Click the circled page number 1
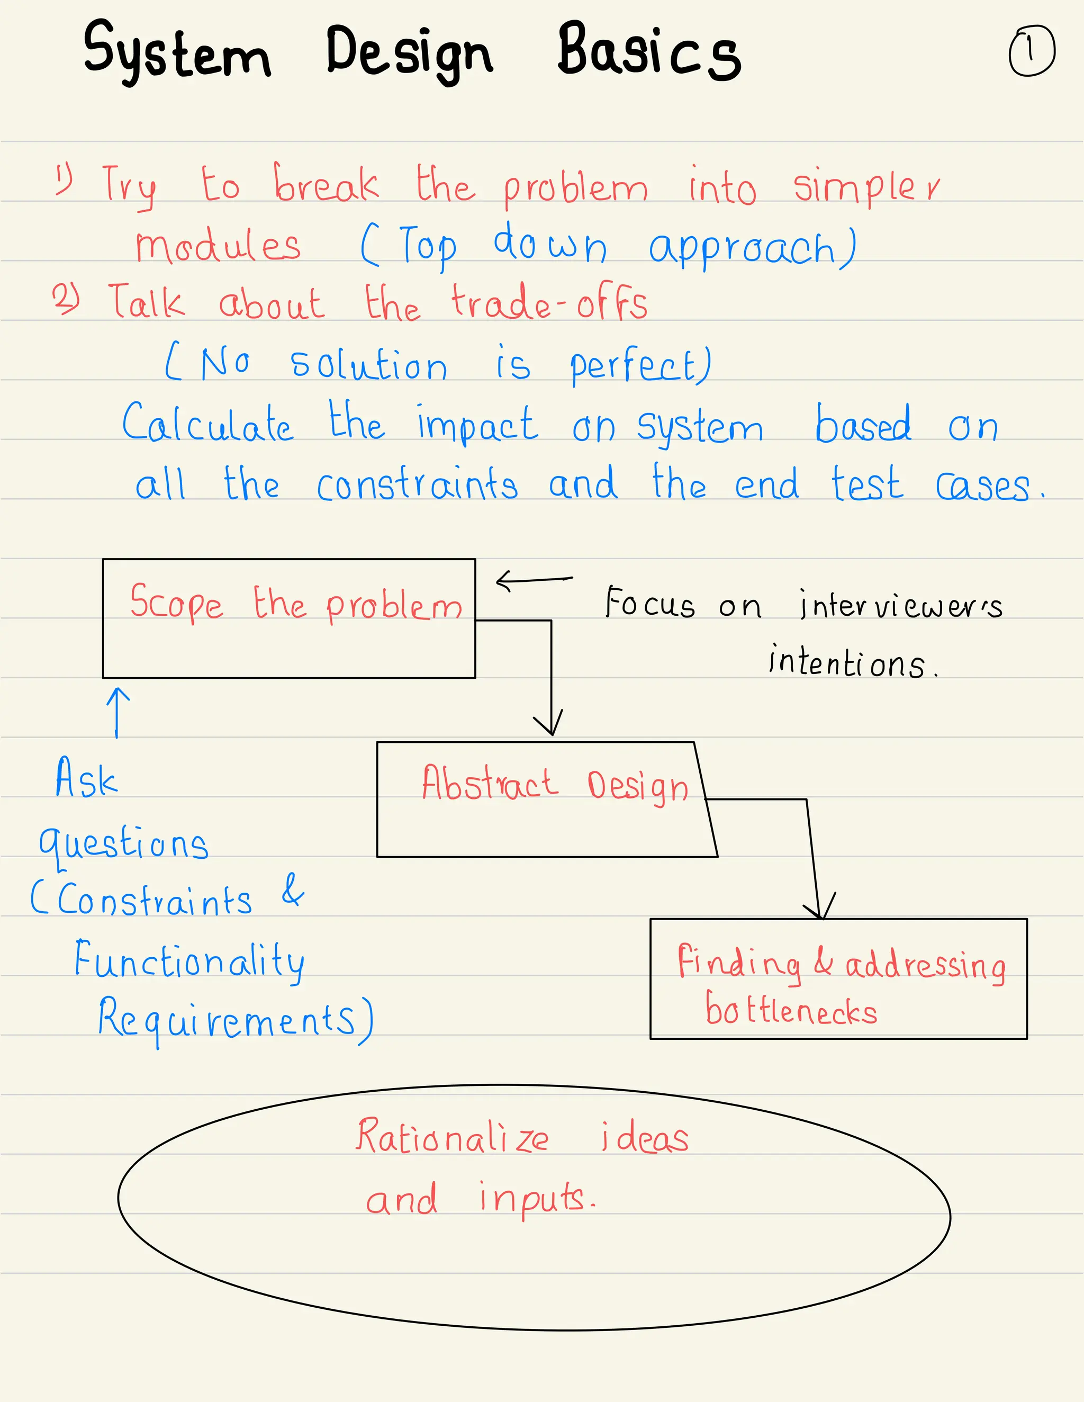(1031, 51)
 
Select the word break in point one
(326, 184)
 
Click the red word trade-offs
(549, 303)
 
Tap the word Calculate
(207, 424)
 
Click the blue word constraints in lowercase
(417, 484)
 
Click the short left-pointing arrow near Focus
(534, 580)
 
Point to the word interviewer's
(900, 605)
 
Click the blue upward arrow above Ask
(118, 712)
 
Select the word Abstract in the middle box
(489, 784)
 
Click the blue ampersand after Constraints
(293, 889)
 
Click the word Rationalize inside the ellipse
(452, 1137)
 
